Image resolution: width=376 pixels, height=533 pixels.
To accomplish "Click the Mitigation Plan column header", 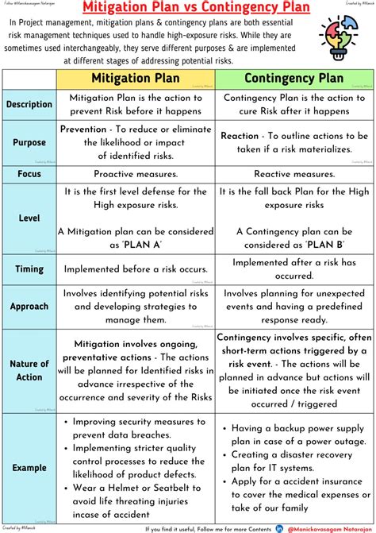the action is point(136,79).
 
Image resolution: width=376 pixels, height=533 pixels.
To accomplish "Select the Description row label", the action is point(29,104).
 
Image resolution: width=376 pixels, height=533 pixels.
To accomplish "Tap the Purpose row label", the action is point(29,142).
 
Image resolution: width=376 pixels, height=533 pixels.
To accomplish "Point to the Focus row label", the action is point(29,173).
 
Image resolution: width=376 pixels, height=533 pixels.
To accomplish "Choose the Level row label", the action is point(29,217).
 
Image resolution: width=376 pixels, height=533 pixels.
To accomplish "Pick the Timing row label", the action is point(29,268).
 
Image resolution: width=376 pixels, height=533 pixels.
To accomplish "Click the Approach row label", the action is point(29,306).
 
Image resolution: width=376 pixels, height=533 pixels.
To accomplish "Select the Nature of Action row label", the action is point(29,369).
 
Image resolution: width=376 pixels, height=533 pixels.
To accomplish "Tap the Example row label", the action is point(29,468).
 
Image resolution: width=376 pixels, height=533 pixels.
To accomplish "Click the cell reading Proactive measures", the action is point(136,173).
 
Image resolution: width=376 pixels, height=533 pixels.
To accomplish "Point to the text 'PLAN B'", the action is point(301,244).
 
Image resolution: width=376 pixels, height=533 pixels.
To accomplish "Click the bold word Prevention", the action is point(83,129).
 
